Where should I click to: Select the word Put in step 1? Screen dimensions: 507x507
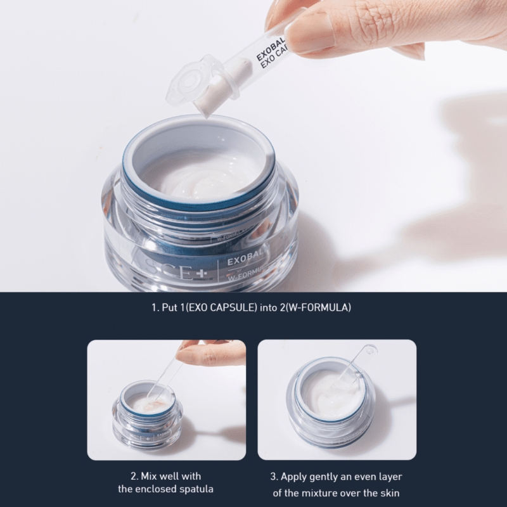click(x=169, y=309)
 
